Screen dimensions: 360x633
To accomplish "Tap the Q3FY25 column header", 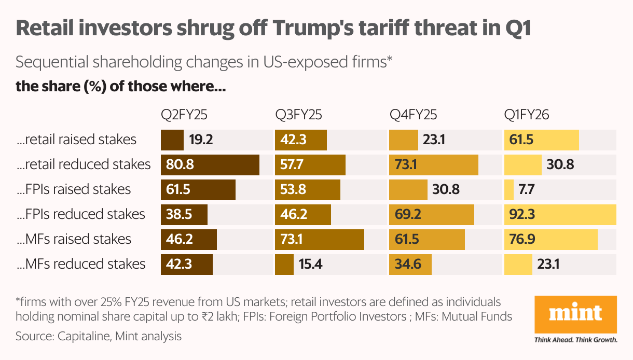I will pos(301,115).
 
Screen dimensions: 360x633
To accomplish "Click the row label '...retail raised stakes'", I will pos(76,140).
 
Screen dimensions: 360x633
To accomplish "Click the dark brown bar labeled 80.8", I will pos(210,165).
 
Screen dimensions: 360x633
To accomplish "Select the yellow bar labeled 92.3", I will pos(560,215).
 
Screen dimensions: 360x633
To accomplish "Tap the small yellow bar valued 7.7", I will pos(509,190).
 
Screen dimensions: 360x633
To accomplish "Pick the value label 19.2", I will pos(201,140).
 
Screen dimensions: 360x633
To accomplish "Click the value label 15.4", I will pos(311,265).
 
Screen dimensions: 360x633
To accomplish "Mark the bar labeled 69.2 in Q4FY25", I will pos(432,215).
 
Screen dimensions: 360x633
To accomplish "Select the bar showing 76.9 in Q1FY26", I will pos(551,240).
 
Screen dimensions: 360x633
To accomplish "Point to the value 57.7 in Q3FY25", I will pos(293,165).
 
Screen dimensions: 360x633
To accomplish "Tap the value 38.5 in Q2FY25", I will pos(178,215).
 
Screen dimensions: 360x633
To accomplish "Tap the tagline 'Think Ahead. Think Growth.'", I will pos(576,340).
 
